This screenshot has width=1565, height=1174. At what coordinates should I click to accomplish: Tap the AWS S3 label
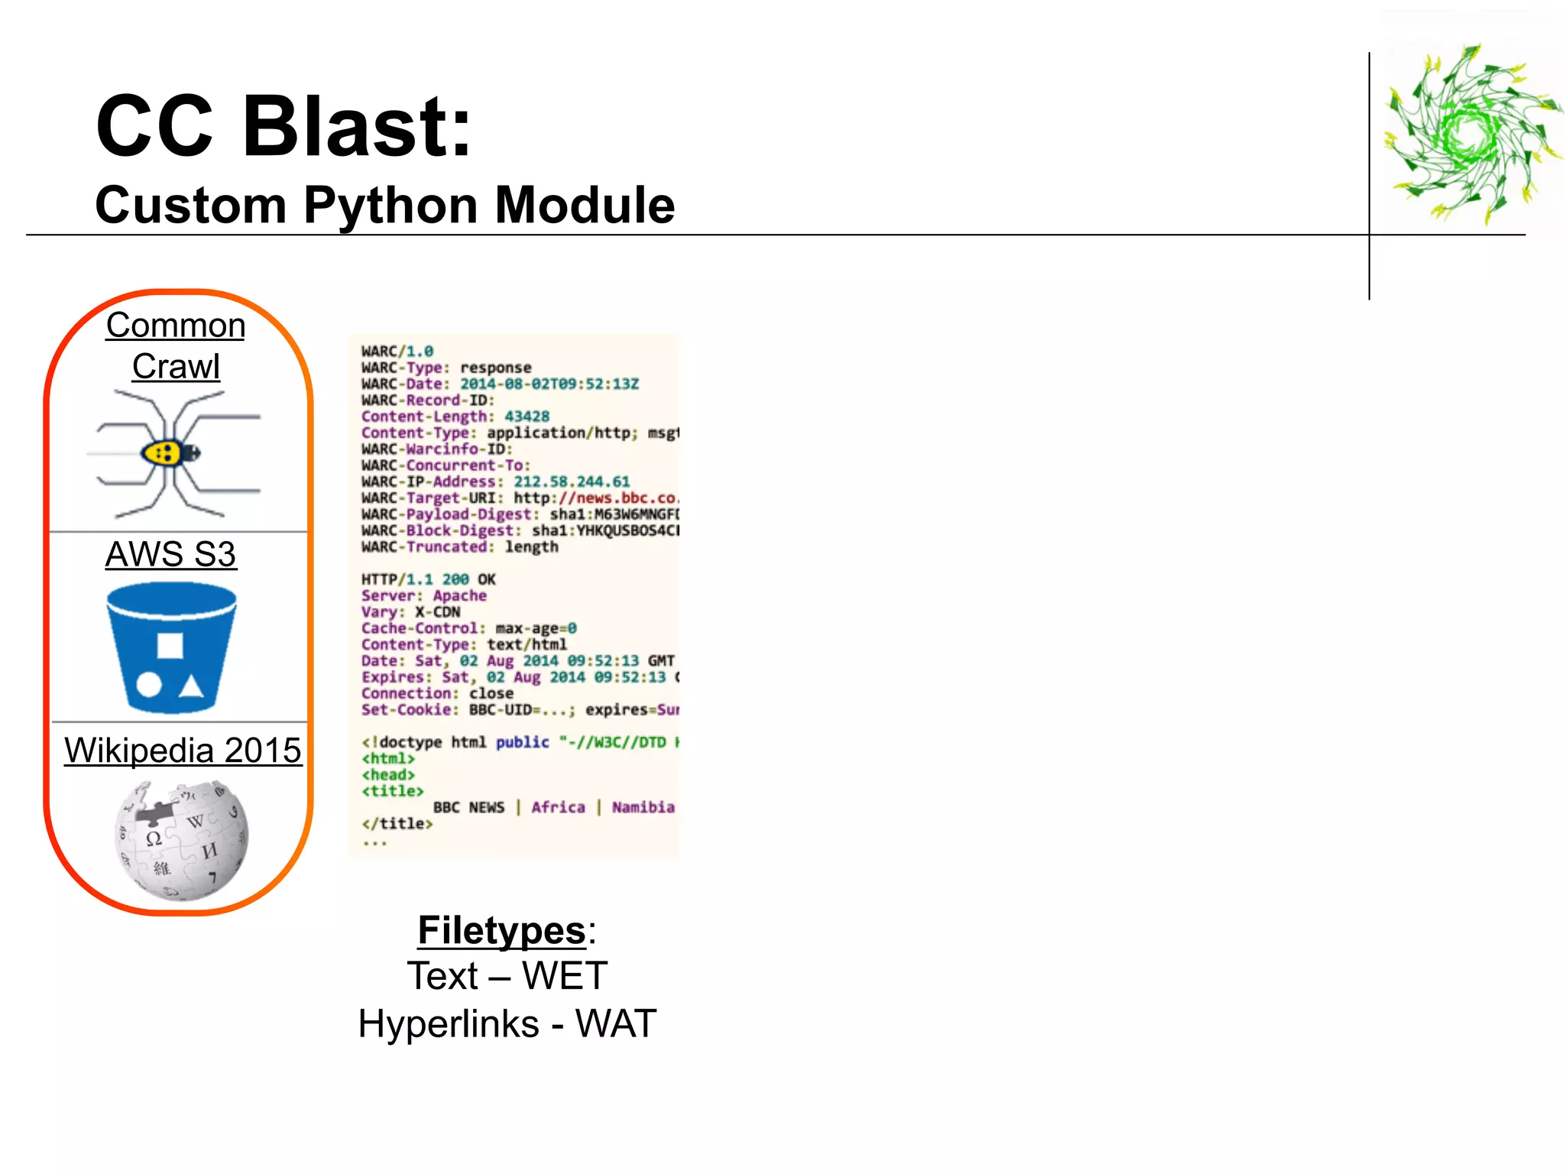pos(170,554)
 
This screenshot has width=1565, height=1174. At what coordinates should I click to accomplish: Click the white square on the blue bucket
pos(170,645)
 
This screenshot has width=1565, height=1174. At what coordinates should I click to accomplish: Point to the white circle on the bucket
pos(149,684)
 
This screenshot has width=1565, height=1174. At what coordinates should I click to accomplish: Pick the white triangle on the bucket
pos(191,686)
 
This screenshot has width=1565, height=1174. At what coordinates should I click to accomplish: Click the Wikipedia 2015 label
pos(183,750)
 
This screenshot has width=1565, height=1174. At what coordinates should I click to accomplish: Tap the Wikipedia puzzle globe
pos(182,840)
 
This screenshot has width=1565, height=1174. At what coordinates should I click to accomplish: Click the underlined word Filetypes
pos(501,930)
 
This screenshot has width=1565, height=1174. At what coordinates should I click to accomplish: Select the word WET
pos(565,976)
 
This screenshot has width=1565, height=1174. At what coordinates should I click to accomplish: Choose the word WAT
pos(616,1023)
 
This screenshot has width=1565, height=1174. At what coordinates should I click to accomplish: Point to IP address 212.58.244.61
pos(572,482)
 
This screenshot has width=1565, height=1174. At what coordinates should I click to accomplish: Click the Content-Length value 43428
pos(527,417)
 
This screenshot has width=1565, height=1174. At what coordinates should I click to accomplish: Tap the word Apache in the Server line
pos(459,595)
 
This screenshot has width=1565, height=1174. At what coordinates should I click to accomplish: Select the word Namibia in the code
pos(643,807)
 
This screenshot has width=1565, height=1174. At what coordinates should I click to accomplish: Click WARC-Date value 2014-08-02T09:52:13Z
pos(549,384)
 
